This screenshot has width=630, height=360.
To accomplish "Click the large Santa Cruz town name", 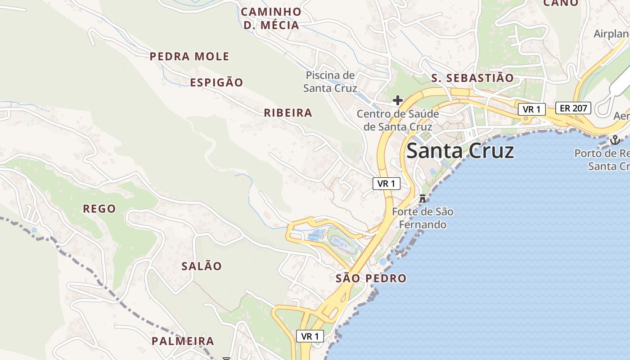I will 460,151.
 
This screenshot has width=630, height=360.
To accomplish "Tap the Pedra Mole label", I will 189,57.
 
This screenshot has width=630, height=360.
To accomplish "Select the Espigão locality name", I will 216,83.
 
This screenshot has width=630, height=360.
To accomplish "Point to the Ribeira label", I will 288,113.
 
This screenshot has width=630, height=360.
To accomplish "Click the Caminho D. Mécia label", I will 271,18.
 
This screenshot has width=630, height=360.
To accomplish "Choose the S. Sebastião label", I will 472,78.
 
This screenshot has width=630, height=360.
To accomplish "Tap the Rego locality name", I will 99,209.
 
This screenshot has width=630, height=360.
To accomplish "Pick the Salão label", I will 202,266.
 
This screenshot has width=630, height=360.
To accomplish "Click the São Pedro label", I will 371,279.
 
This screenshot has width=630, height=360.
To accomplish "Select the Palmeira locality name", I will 183,341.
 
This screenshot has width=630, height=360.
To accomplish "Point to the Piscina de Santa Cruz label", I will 330,82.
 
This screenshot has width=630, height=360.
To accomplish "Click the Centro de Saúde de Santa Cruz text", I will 398,121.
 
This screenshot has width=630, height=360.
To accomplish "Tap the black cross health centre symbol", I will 398,100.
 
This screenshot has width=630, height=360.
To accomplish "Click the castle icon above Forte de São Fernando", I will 423,198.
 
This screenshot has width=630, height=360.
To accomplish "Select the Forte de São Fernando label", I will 423,218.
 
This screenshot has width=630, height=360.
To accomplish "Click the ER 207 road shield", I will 573,108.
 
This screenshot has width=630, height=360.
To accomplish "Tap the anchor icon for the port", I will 615,140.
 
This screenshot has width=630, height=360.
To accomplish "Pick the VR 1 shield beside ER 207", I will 531,109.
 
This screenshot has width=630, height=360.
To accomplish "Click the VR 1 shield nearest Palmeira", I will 310,336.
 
